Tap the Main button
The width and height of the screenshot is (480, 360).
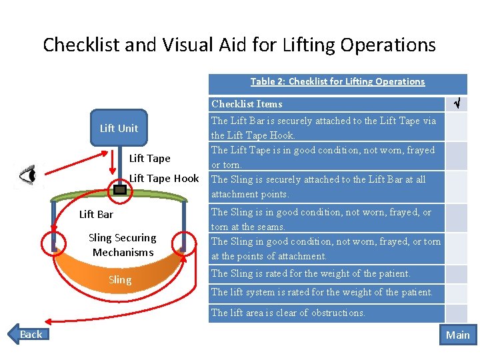(457, 335)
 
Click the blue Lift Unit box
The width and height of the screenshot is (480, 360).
(119, 128)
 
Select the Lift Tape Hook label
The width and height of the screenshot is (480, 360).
(164, 178)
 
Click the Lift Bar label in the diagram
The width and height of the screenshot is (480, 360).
(96, 214)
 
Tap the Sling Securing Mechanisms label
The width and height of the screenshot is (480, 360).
(123, 245)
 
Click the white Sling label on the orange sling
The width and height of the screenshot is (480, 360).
(120, 279)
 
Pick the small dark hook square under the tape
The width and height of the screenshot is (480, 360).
(120, 190)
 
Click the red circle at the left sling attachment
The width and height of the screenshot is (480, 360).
(51, 241)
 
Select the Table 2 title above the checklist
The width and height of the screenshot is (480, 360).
(337, 81)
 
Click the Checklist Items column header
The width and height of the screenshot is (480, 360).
(247, 103)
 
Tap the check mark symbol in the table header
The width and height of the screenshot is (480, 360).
(457, 103)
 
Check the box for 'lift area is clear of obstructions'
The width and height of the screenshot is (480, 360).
(456, 313)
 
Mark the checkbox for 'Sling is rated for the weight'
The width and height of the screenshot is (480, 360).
(456, 273)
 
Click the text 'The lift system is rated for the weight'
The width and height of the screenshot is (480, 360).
(322, 292)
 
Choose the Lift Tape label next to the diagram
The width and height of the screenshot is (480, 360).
(149, 158)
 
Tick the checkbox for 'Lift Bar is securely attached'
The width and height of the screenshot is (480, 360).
(456, 127)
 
